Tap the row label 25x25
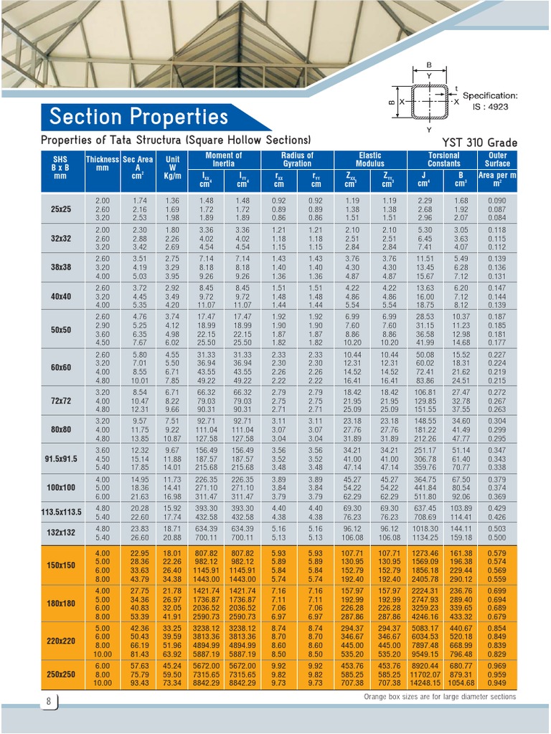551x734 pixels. coord(61,209)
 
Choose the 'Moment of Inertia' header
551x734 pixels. coord(223,159)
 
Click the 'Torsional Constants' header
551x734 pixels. coord(443,159)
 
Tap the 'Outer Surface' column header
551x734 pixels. coord(497,159)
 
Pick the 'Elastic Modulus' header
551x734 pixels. coord(370,159)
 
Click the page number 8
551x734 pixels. coord(49,701)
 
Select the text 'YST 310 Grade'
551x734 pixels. coord(479,142)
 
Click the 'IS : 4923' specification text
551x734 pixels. coord(490,106)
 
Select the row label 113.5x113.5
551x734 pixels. coord(61,513)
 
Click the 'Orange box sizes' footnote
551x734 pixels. coord(439,697)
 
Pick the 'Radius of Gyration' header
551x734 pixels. coord(297,159)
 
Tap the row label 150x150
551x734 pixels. coord(61,566)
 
